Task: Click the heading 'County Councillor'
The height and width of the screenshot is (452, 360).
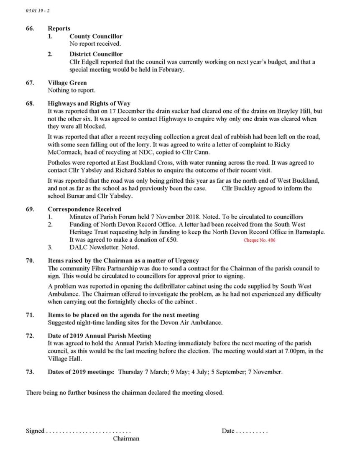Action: [x=96, y=36]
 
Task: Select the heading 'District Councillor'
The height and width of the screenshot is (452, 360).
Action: [x=96, y=54]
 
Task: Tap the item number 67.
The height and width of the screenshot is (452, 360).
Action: [x=30, y=83]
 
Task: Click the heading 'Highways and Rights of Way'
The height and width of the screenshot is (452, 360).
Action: [x=89, y=103]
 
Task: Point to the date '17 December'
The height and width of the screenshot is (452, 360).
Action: [x=123, y=111]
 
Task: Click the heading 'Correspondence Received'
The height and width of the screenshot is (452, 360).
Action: [x=84, y=209]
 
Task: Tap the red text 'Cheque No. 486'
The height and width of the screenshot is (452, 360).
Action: [x=259, y=240]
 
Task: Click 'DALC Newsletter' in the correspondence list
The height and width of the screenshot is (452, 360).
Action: [x=94, y=248]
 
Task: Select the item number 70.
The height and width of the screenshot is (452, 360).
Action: [x=30, y=260]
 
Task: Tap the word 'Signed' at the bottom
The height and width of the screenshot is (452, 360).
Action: [x=35, y=431]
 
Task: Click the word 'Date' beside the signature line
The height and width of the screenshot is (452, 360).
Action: [x=228, y=431]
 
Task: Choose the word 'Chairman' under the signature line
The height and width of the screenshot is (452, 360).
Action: [x=126, y=439]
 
